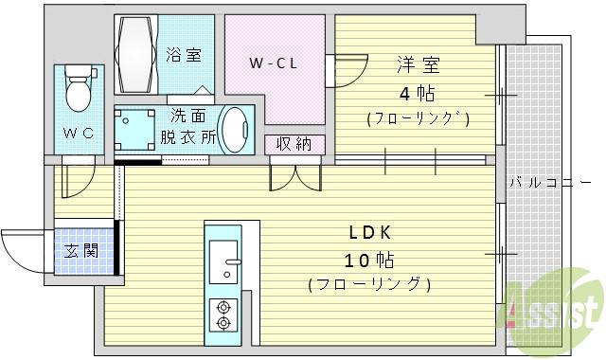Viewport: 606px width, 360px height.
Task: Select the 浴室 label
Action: click(x=183, y=54)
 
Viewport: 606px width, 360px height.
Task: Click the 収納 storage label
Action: click(x=294, y=144)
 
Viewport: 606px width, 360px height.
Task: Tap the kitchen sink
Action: click(x=224, y=260)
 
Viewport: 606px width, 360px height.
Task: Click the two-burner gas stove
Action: click(x=224, y=315)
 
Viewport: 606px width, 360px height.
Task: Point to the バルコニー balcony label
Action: click(x=555, y=183)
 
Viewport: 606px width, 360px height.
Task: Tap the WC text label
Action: click(x=78, y=133)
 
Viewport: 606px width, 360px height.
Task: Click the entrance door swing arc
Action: click(x=21, y=248)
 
